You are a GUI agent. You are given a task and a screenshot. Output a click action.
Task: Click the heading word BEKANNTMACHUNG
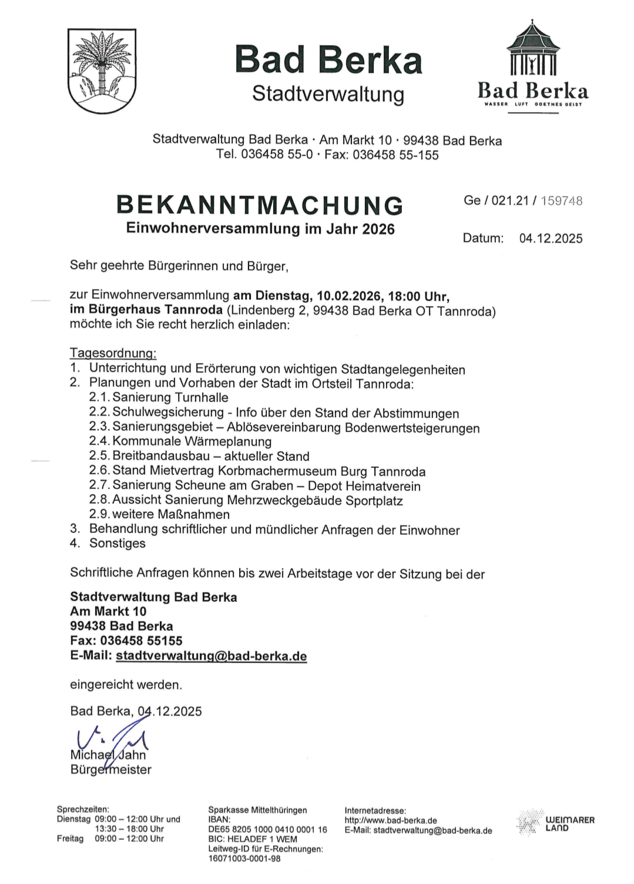pos(260,205)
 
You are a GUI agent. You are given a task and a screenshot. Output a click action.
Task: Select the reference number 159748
pos(561,201)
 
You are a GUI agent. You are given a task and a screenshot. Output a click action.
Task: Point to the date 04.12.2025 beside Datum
pos(551,239)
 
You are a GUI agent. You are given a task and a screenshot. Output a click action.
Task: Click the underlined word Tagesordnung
pos(113,353)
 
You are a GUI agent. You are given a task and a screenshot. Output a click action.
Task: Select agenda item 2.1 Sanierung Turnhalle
pos(159,397)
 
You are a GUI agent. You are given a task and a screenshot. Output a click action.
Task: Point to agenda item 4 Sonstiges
pos(117,544)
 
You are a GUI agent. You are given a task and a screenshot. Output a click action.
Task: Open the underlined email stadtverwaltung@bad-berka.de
pos(211,656)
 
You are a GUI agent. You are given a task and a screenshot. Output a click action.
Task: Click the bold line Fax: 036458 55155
pos(126,641)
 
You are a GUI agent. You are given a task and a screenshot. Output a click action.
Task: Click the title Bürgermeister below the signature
pos(110,770)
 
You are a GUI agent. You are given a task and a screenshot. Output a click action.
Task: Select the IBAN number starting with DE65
pos(267,829)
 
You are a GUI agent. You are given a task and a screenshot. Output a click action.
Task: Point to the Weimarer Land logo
pos(556,823)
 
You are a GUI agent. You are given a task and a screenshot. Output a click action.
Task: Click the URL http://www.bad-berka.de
pos(390,821)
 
